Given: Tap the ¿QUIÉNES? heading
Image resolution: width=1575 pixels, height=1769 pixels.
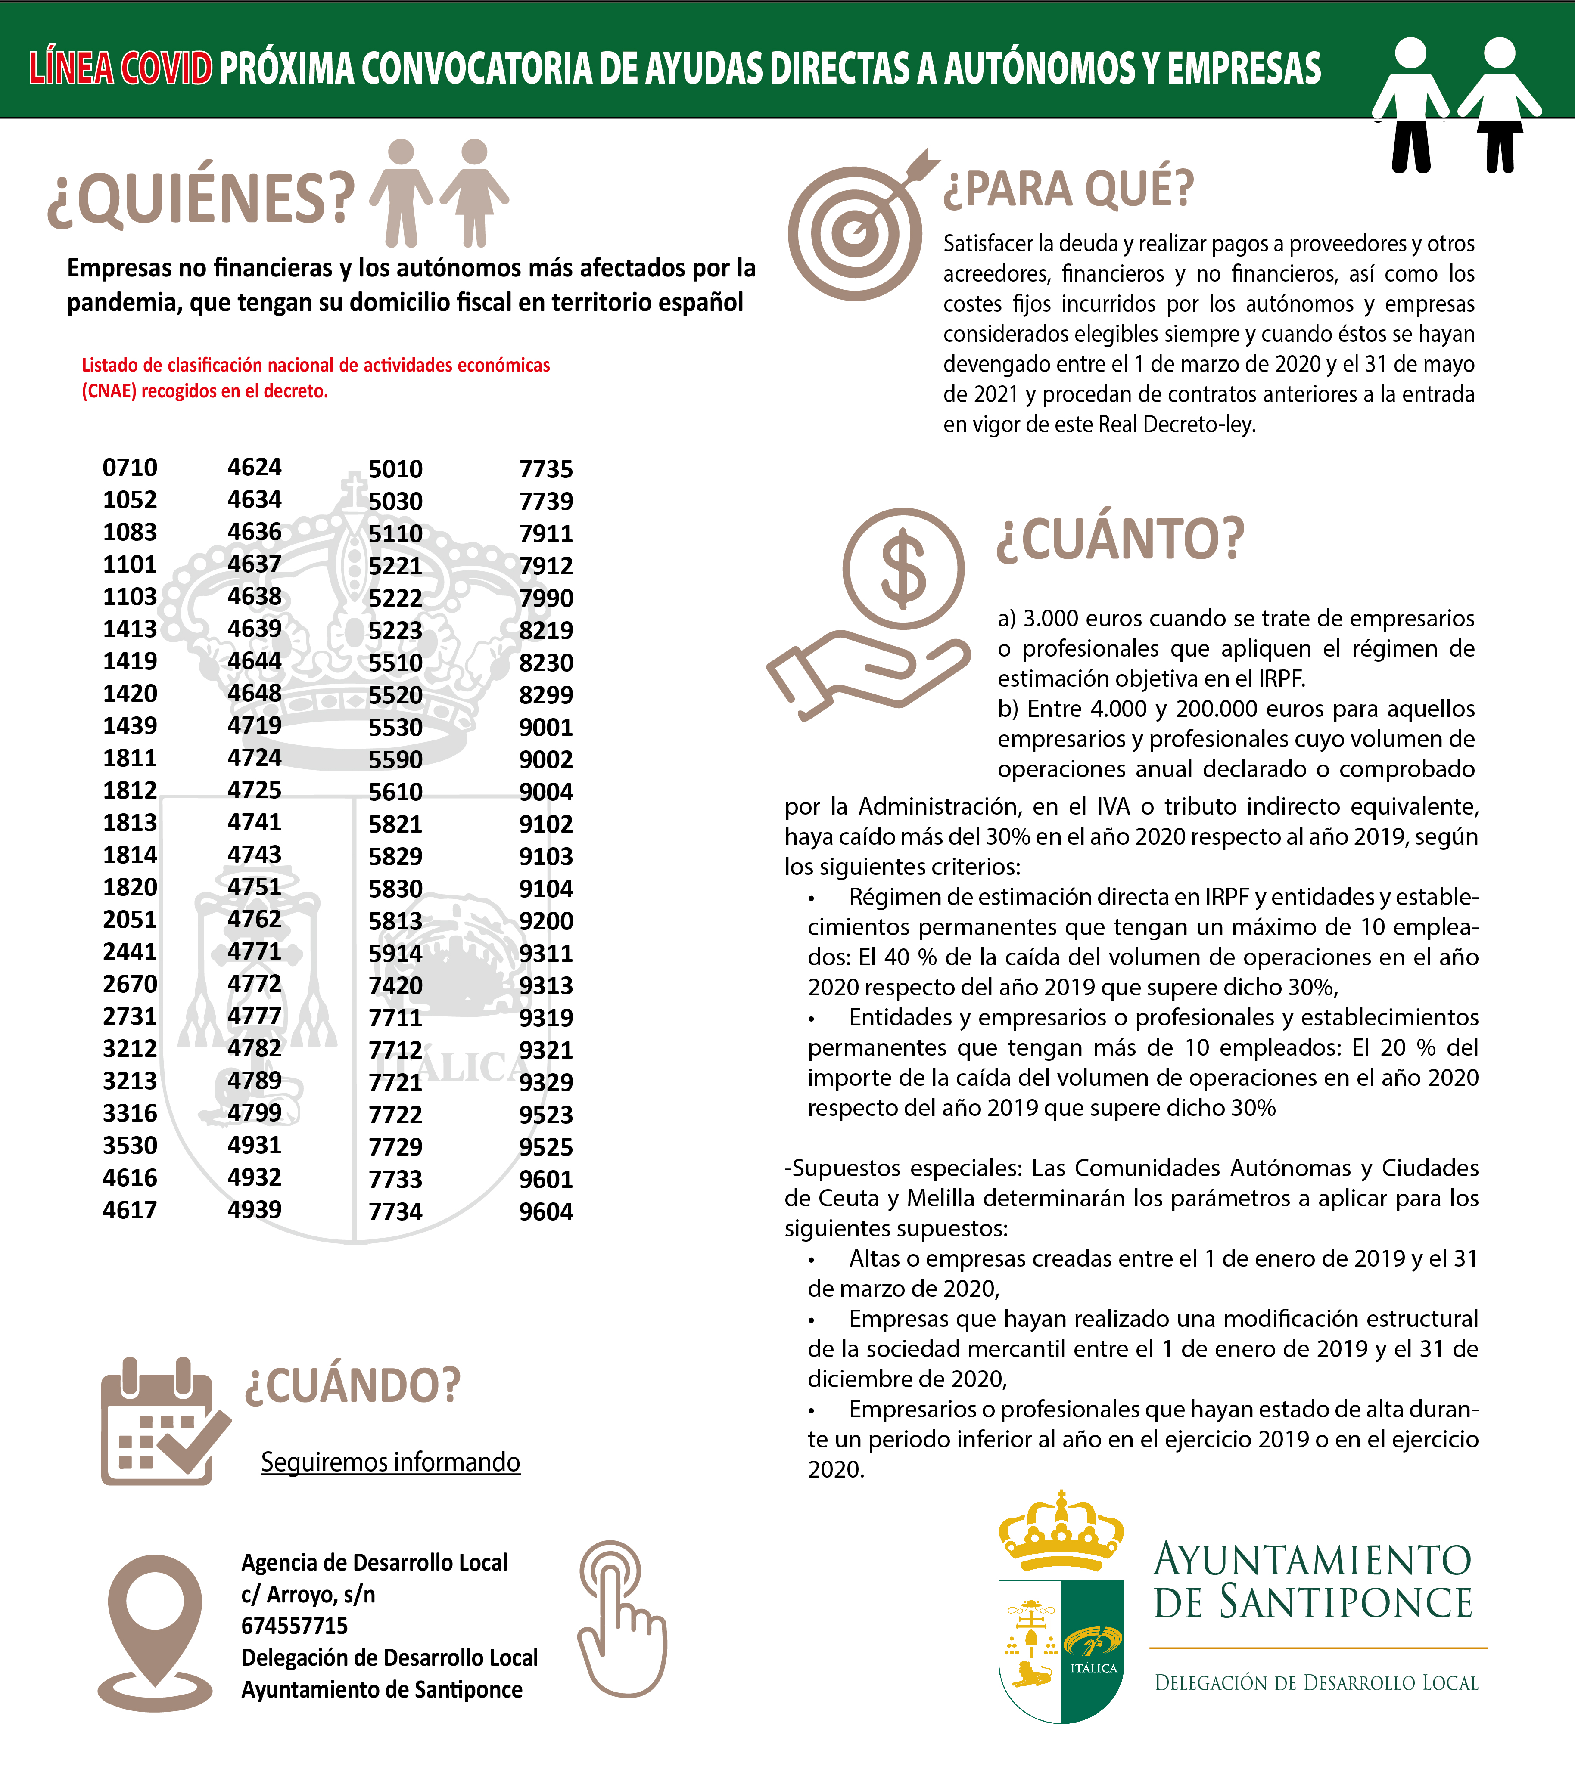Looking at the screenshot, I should click(x=201, y=199).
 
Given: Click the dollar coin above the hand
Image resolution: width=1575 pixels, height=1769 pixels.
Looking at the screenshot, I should click(x=903, y=569).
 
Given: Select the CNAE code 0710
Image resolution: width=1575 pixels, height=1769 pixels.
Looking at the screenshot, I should click(x=130, y=468).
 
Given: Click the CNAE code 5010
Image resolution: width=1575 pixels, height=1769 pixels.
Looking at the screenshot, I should click(x=396, y=469).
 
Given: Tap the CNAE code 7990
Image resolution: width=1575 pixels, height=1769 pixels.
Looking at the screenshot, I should click(x=545, y=598).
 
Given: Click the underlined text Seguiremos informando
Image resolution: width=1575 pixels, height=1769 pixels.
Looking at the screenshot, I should click(x=390, y=1462).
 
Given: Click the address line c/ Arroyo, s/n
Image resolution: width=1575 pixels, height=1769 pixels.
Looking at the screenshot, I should click(x=308, y=1594).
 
